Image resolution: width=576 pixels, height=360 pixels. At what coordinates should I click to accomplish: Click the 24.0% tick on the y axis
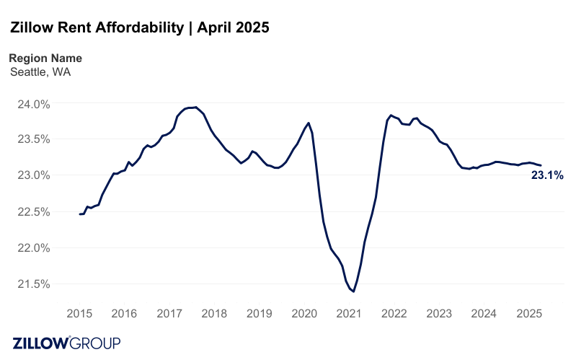33,104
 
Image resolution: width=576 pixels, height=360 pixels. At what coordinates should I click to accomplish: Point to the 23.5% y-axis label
33,139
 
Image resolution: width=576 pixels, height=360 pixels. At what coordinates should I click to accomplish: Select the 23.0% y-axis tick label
33,175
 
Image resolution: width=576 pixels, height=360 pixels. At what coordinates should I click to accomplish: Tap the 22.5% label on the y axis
33,211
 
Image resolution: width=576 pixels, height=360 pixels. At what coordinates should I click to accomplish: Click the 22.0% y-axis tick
33,247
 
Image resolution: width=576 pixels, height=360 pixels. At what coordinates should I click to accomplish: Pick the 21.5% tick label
33,284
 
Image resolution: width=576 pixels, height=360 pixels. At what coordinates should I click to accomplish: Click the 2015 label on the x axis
79,314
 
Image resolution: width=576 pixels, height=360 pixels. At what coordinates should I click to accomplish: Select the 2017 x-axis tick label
169,314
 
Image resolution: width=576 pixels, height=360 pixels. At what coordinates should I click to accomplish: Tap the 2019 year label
259,314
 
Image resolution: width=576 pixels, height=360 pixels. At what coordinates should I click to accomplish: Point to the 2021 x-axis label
349,314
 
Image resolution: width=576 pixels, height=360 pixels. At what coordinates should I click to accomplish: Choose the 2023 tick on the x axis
439,314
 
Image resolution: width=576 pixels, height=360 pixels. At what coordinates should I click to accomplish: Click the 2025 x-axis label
529,314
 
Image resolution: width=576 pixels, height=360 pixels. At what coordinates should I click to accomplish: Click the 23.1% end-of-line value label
547,175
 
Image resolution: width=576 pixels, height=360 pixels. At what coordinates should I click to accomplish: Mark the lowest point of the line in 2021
353,291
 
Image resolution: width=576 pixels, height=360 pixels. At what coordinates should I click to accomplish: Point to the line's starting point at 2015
80,214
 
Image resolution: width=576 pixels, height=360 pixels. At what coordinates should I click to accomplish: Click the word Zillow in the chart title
35,28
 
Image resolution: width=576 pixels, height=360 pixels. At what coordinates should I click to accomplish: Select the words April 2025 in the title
233,28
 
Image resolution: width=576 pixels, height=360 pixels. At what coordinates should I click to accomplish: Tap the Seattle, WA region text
40,71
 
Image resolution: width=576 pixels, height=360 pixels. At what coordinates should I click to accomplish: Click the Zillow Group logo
66,343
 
